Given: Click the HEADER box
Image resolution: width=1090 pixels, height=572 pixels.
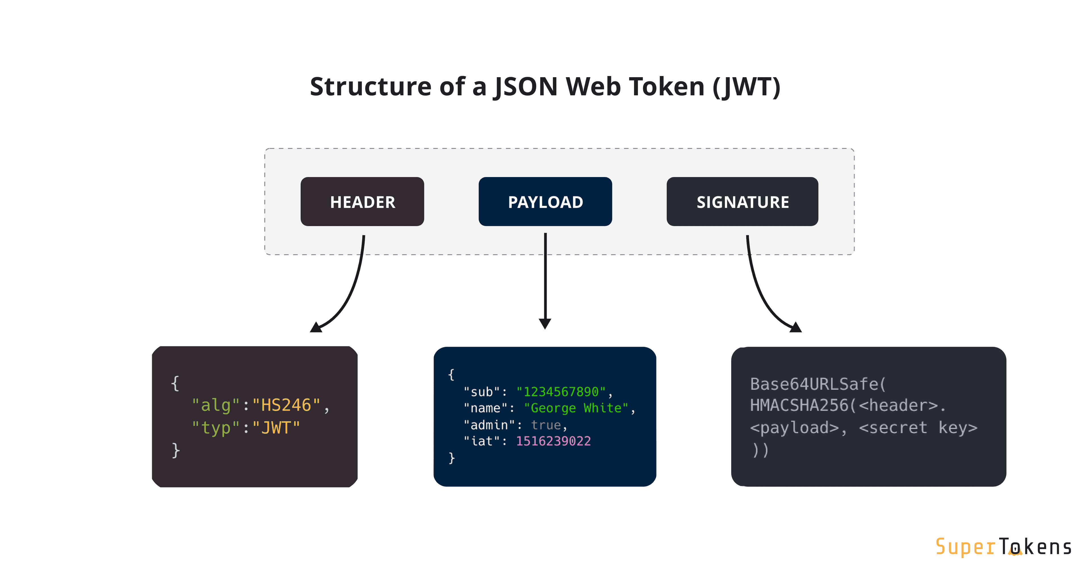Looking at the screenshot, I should [362, 202].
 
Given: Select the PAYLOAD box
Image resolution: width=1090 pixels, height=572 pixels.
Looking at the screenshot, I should [545, 202].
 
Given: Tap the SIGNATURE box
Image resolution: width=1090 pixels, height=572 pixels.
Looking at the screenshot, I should [742, 202].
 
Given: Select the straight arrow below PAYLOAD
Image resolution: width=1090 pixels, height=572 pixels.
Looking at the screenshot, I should [545, 279].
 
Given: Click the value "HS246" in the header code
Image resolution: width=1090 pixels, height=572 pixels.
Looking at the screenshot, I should [286, 405].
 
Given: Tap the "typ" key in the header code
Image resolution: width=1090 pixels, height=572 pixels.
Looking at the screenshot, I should [216, 428].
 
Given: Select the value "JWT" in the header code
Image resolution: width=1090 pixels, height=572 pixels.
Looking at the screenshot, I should [276, 428].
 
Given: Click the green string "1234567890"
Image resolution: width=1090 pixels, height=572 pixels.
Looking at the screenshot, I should [561, 392].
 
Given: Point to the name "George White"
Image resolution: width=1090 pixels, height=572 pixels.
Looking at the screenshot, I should [576, 408].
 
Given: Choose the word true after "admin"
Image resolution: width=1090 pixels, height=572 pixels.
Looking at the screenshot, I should [546, 425].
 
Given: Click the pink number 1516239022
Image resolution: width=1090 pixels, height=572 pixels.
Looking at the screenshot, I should [553, 441].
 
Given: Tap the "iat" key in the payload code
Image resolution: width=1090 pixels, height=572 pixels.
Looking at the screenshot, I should [482, 441].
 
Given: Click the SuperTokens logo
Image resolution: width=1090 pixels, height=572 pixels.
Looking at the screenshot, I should [1003, 547].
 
